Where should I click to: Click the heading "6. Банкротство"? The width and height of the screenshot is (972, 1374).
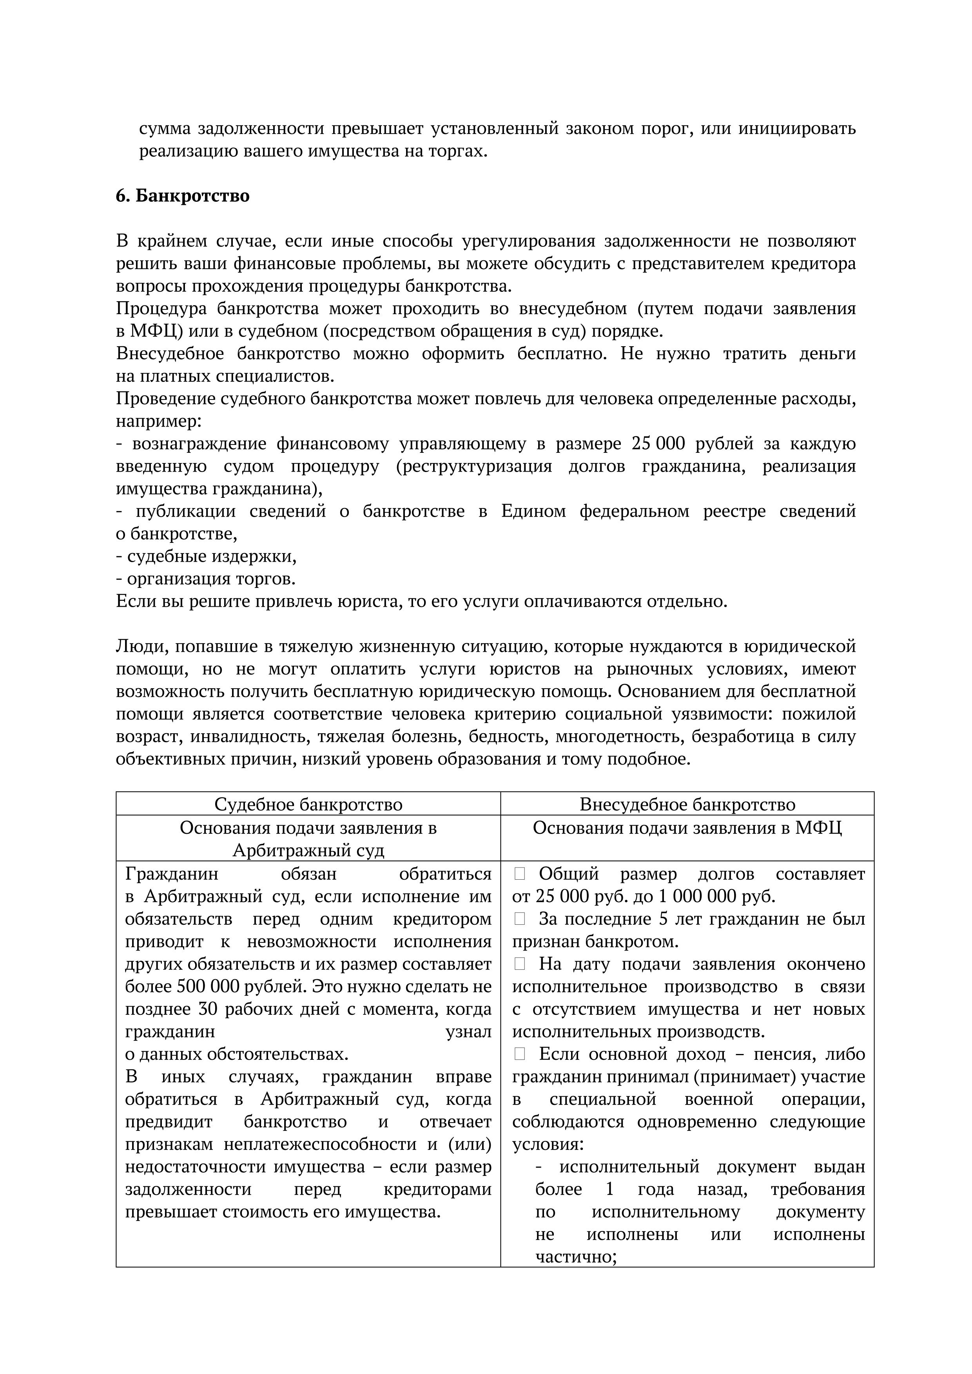(x=183, y=196)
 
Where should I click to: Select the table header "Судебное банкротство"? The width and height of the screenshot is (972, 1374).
(x=308, y=805)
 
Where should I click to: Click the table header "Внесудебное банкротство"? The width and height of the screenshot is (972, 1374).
(x=687, y=805)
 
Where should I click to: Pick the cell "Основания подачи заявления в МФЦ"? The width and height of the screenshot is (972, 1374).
(x=687, y=828)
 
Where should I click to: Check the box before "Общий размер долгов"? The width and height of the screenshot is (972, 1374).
(x=519, y=874)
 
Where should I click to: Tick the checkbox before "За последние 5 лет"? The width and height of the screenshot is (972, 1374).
(x=519, y=919)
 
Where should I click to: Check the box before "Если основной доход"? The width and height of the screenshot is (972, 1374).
(x=519, y=1054)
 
